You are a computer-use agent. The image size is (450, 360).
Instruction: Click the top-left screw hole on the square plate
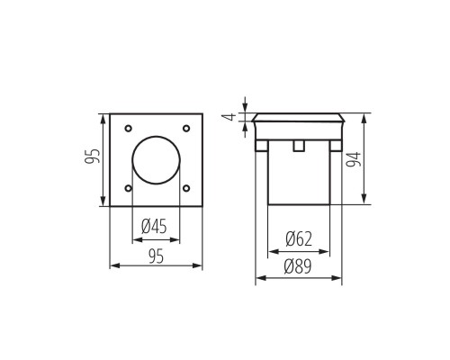click(x=129, y=129)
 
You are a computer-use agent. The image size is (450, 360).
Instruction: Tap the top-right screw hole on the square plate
click(x=186, y=129)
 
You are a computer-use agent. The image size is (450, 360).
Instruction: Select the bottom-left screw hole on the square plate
click(x=129, y=188)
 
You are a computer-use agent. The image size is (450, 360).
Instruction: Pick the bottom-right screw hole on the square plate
click(x=186, y=188)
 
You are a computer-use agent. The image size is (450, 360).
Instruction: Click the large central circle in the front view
click(x=157, y=160)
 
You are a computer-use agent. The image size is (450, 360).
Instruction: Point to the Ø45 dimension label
click(x=156, y=227)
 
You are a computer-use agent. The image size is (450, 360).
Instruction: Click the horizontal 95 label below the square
click(x=156, y=256)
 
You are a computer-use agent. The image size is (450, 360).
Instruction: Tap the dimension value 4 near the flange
click(x=229, y=117)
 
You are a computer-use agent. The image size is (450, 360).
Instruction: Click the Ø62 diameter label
click(x=299, y=239)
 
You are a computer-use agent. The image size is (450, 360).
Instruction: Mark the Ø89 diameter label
click(x=299, y=266)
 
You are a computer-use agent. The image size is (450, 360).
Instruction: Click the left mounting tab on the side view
click(x=262, y=145)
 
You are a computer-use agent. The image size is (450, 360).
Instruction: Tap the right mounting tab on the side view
click(x=336, y=145)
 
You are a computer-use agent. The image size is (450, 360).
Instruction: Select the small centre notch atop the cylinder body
click(x=299, y=144)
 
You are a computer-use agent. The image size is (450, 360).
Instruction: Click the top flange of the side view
click(x=299, y=117)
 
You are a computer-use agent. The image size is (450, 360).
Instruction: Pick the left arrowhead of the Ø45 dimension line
click(x=136, y=240)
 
